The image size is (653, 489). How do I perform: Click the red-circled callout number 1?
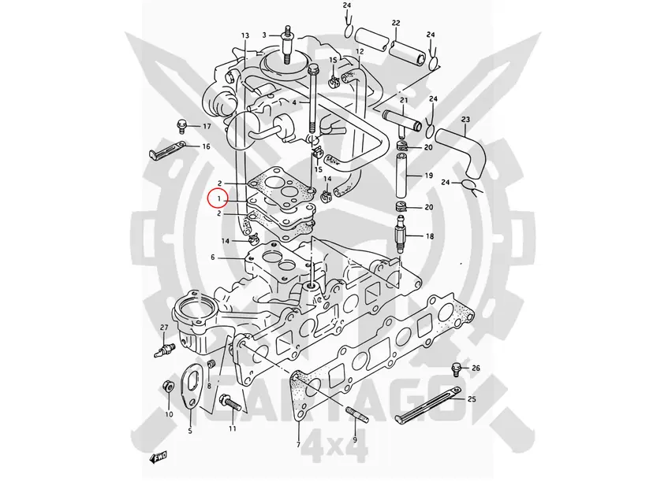pyautogui.click(x=218, y=199)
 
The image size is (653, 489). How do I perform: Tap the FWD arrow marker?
pyautogui.click(x=159, y=458)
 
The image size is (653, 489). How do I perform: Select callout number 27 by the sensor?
pyautogui.click(x=164, y=328)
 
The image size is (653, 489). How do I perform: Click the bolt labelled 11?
pyautogui.click(x=229, y=402)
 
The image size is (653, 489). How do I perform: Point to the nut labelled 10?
pyautogui.click(x=168, y=387)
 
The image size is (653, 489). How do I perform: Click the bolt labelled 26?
pyautogui.click(x=457, y=368)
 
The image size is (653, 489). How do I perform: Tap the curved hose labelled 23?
pyautogui.click(x=464, y=152)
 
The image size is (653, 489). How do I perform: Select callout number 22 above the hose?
pyautogui.click(x=396, y=23)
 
